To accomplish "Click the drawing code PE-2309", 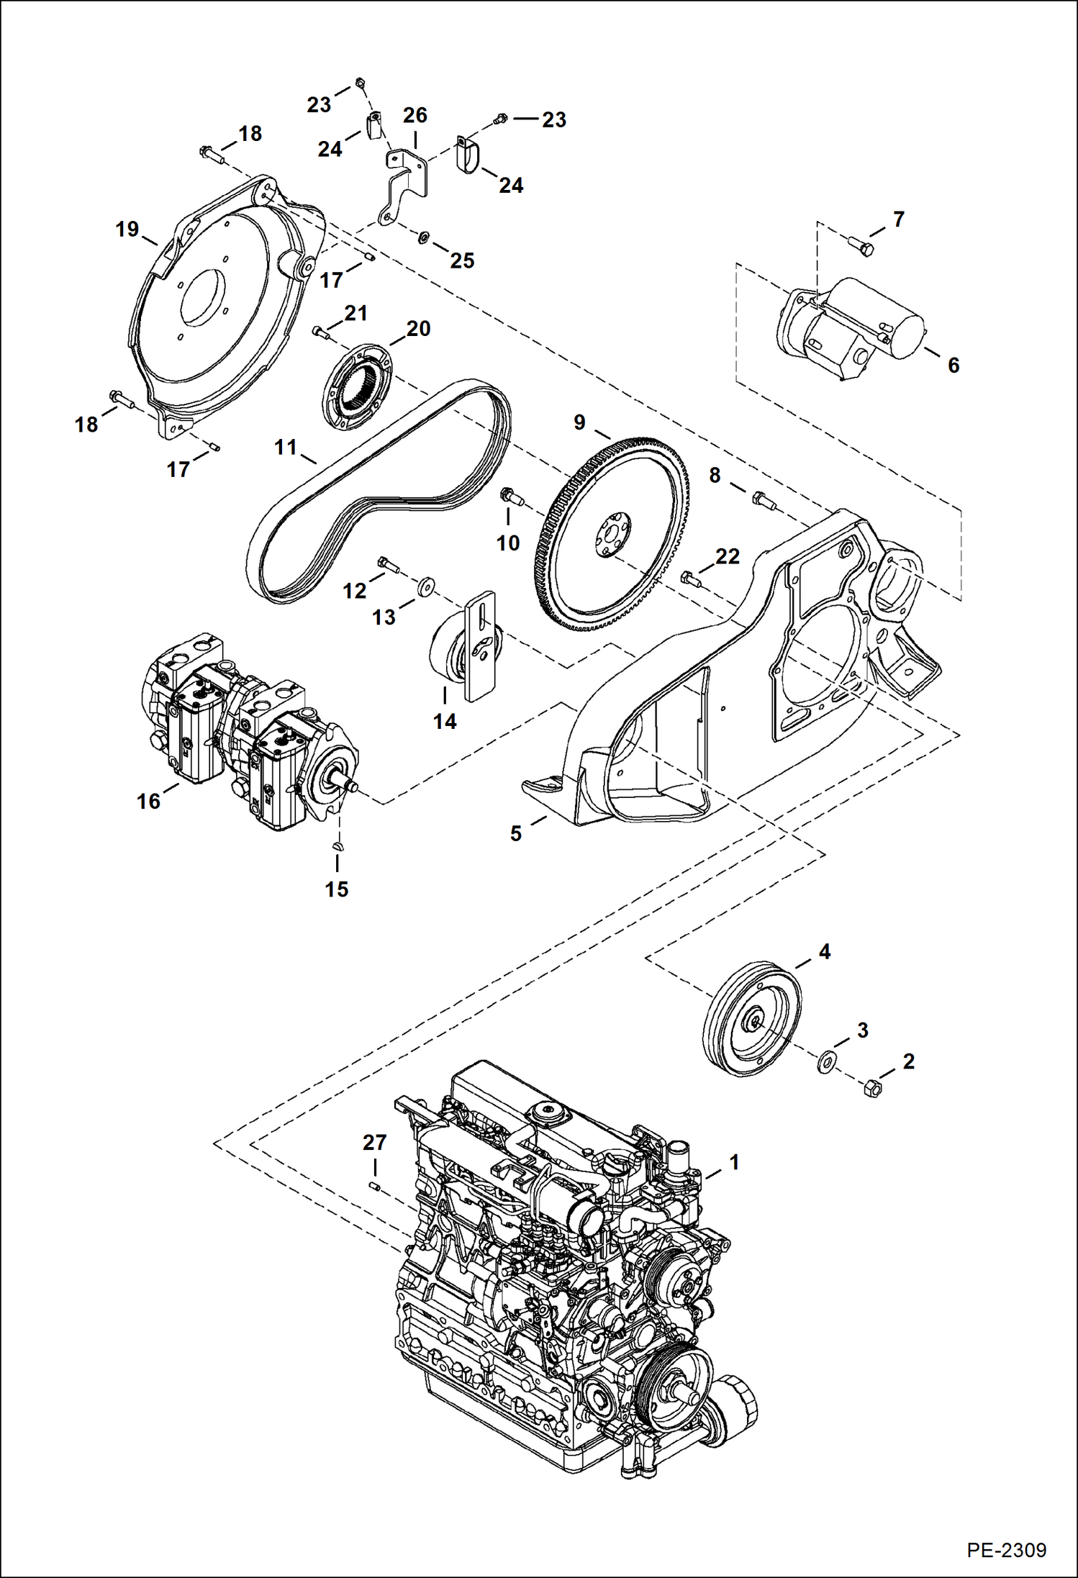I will tap(1006, 1550).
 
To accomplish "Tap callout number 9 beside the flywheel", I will tap(579, 422).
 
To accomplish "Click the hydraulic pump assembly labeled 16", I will tap(245, 734).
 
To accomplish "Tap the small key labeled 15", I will tap(338, 846).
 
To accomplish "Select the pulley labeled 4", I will tap(752, 1017).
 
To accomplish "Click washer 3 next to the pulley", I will tap(825, 1061).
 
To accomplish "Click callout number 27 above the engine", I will tap(374, 1142).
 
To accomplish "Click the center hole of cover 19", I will tap(204, 297).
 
